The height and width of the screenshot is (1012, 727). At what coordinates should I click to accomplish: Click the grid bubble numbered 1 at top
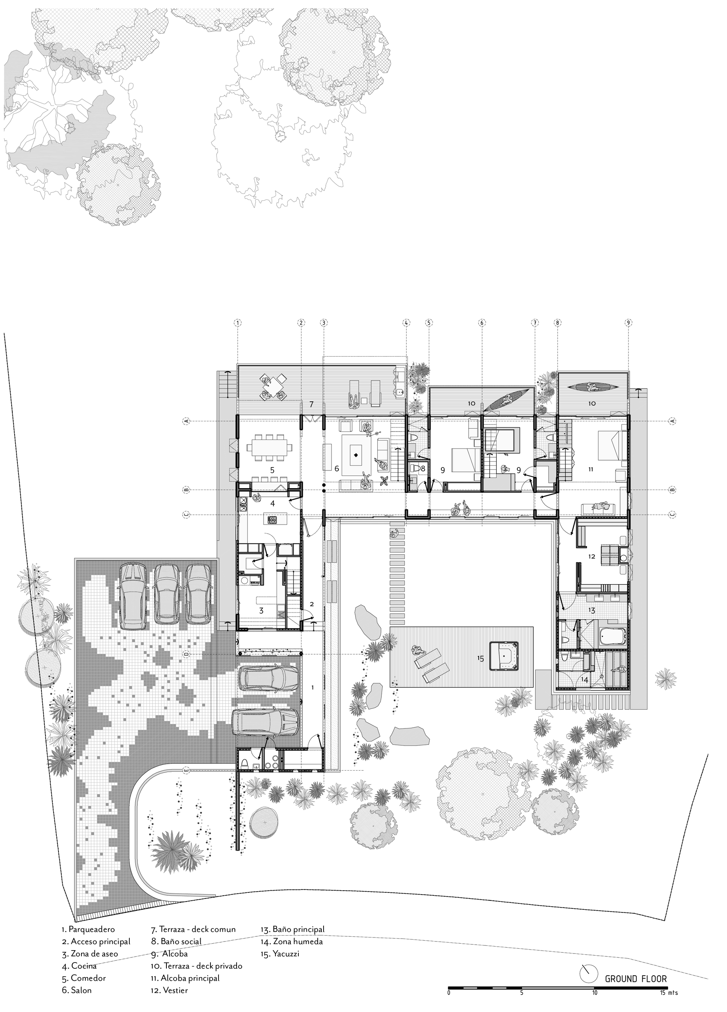[238, 322]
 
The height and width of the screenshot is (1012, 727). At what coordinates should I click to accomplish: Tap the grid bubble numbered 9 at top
[628, 322]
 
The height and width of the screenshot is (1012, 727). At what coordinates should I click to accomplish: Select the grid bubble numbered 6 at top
[482, 322]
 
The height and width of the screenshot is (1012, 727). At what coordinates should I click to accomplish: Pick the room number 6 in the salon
[337, 469]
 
